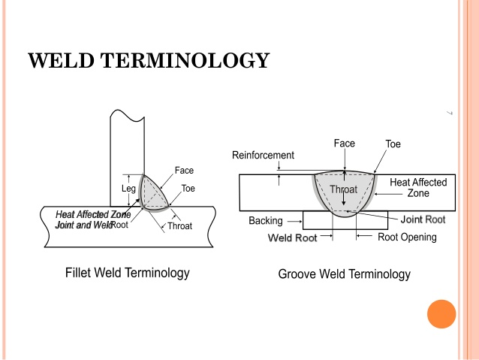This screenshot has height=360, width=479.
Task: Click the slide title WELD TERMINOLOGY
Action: pyautogui.click(x=148, y=60)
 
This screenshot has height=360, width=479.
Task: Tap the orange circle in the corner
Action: pyautogui.click(x=441, y=313)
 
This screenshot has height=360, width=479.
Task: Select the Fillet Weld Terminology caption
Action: pyautogui.click(x=128, y=272)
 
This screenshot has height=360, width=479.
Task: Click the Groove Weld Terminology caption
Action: pyautogui.click(x=345, y=274)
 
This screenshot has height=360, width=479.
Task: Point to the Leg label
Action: pyautogui.click(x=128, y=189)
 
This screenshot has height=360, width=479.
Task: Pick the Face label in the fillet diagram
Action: pyautogui.click(x=184, y=171)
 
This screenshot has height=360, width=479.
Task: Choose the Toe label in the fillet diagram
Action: pyautogui.click(x=188, y=189)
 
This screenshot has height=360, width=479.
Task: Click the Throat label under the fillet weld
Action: pyautogui.click(x=179, y=225)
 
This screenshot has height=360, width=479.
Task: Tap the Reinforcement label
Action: pyautogui.click(x=263, y=156)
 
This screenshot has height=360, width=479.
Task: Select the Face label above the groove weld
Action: pyautogui.click(x=344, y=143)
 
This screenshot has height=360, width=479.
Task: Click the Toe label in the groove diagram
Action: pyautogui.click(x=393, y=144)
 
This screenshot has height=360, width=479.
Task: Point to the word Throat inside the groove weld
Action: pyautogui.click(x=344, y=189)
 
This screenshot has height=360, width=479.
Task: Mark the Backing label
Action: pyautogui.click(x=266, y=221)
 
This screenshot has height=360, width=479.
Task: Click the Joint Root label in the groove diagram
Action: pyautogui.click(x=423, y=219)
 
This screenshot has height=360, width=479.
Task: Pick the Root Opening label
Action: pyautogui.click(x=407, y=237)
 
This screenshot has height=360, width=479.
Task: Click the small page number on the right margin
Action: pyautogui.click(x=449, y=113)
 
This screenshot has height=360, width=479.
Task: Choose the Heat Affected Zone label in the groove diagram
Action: pyautogui.click(x=418, y=187)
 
